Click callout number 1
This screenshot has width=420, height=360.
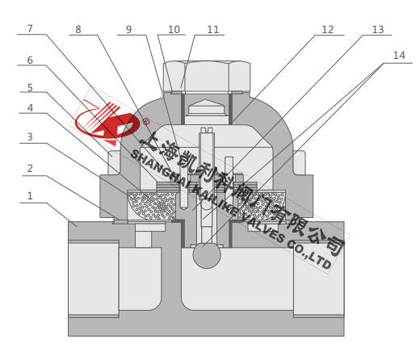point(30,196)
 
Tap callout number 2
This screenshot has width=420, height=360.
point(30,169)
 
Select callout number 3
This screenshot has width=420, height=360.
point(30,137)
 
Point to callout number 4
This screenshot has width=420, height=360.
point(30,108)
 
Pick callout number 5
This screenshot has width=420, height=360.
point(30,88)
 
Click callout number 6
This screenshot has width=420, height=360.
point(30,61)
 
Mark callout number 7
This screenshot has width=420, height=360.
point(30,28)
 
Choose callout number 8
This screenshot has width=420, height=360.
point(78,29)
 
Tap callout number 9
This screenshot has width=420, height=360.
point(128,29)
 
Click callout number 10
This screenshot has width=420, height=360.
point(174,29)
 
